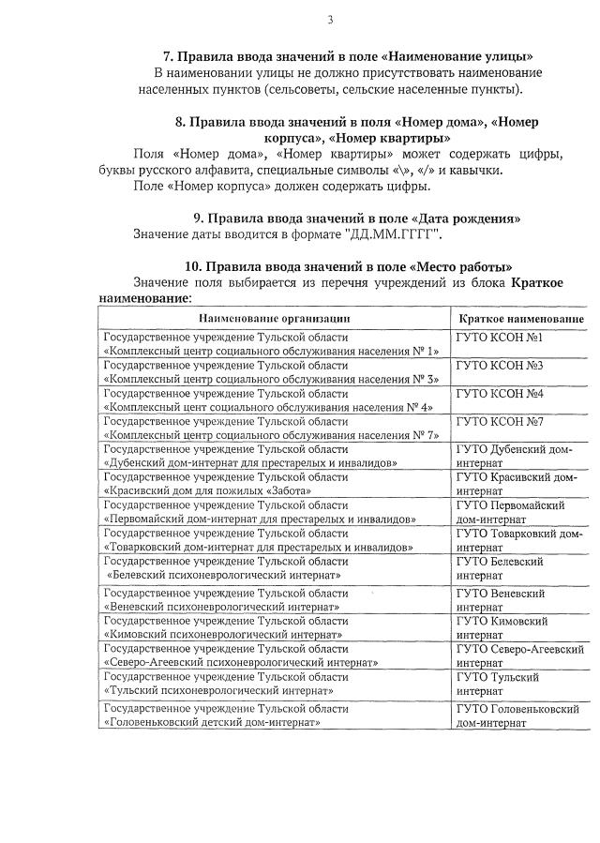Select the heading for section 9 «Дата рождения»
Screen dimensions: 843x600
[357, 218]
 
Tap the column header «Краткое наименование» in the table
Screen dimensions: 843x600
[518, 319]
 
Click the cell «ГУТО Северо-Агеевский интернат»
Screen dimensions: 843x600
[519, 655]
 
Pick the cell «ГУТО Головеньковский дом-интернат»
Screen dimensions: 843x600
[517, 715]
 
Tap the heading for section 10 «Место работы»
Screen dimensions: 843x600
[348, 266]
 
